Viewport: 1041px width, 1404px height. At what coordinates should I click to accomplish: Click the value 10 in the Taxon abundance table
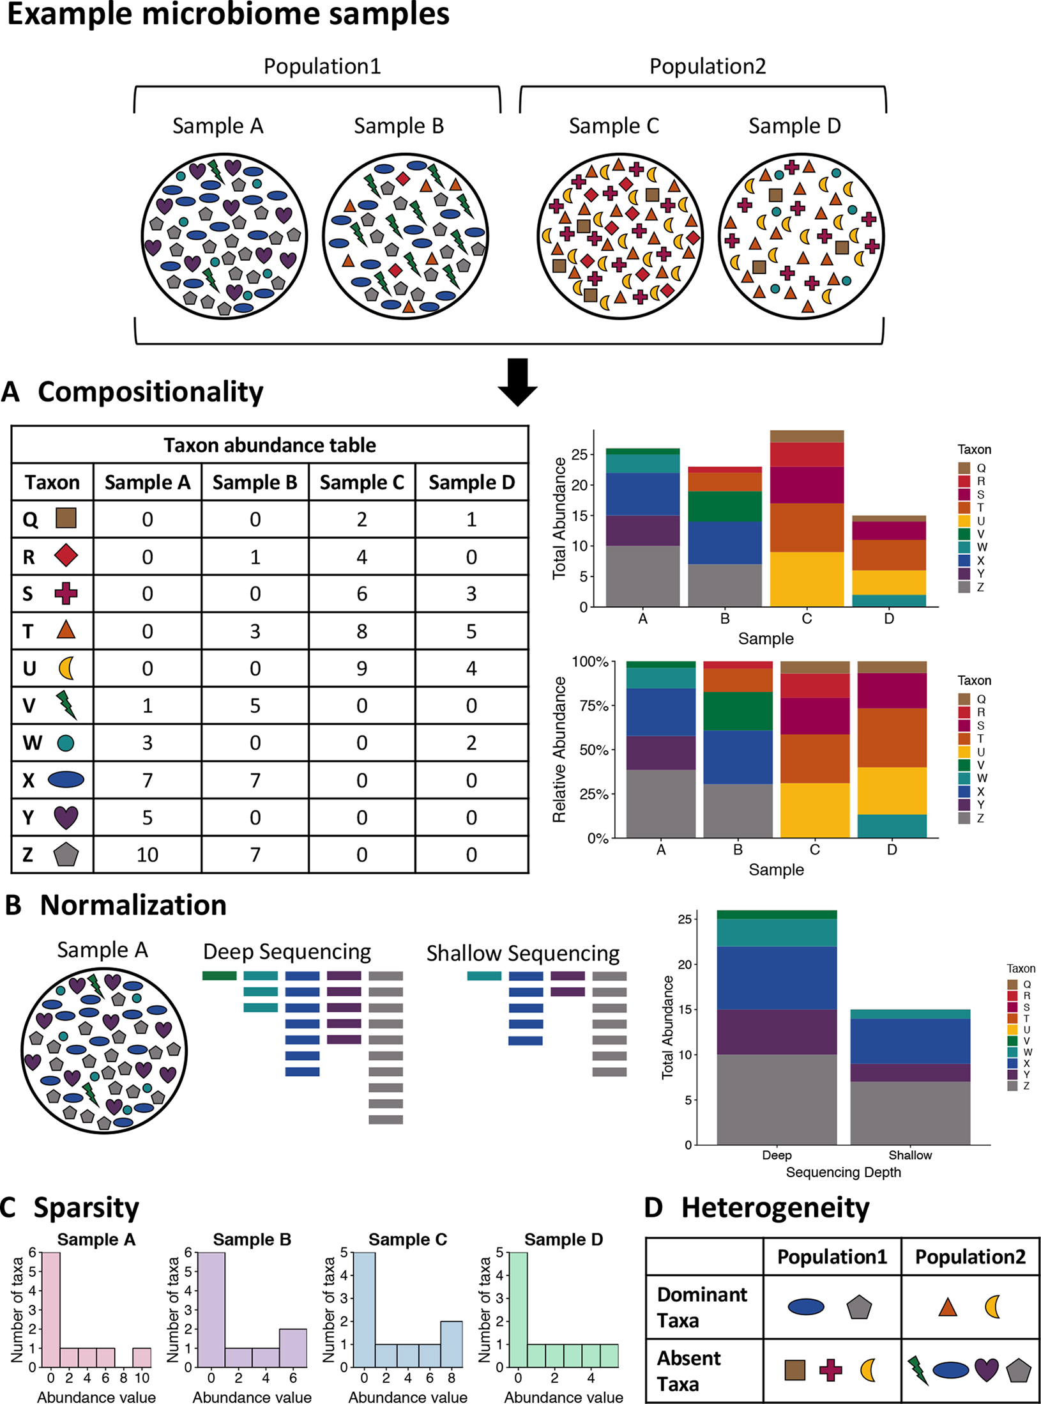point(147,854)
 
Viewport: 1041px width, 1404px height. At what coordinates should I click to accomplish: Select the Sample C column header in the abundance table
point(361,482)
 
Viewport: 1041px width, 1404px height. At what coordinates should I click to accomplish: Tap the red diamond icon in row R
point(66,556)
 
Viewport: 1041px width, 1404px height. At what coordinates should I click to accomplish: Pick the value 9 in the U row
point(361,668)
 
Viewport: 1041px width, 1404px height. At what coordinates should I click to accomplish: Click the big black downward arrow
point(517,382)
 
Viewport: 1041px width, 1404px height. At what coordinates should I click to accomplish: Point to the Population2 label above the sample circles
point(707,66)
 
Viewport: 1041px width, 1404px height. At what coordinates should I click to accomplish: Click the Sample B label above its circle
point(399,126)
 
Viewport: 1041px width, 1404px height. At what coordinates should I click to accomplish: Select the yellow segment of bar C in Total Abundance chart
point(807,579)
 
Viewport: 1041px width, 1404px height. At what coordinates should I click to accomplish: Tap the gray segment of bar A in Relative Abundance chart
point(660,803)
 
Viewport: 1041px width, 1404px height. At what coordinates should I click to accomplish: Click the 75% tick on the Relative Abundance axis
point(593,706)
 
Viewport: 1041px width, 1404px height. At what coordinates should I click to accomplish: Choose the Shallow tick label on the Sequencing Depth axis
point(909,1155)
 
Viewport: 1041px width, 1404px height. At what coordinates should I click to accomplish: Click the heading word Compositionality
point(150,392)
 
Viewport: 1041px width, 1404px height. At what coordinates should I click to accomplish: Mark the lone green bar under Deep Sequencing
point(219,976)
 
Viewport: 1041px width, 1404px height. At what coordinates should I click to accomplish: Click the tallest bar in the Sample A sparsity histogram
point(51,1309)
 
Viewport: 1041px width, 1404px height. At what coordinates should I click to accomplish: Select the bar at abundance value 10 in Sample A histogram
point(142,1357)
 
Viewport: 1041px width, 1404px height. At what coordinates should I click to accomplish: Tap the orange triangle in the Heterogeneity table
point(948,1308)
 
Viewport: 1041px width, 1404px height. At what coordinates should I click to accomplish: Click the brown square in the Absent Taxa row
point(794,1369)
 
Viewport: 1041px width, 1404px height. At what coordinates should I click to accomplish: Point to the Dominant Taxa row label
point(701,1307)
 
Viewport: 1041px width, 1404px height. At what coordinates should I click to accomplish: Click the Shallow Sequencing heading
point(522,953)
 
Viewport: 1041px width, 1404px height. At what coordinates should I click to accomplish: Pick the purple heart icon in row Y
point(66,817)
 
